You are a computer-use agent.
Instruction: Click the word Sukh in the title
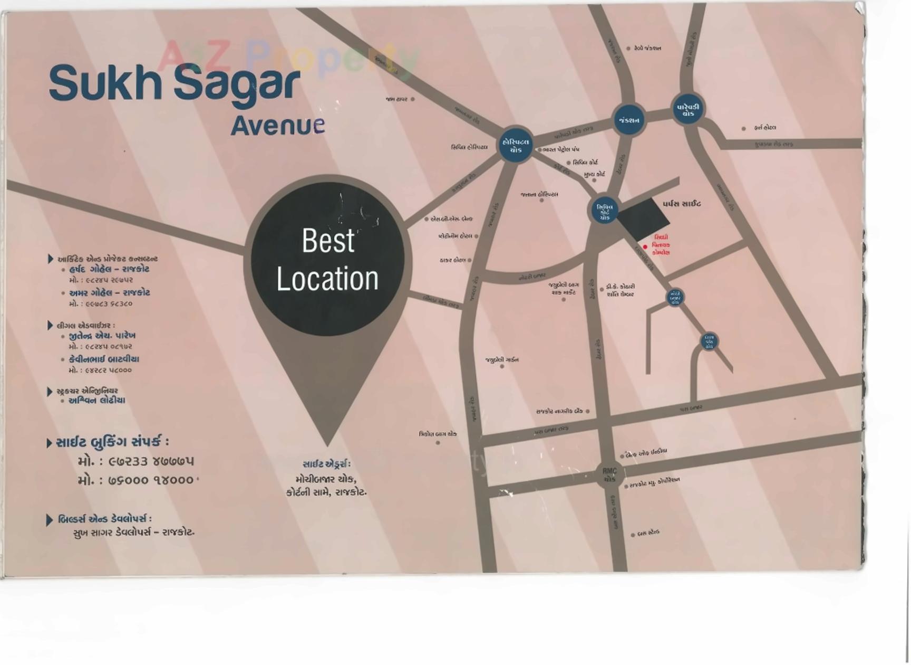coord(105,83)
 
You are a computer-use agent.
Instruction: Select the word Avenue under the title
coord(277,126)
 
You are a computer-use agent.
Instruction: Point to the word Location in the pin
coord(327,279)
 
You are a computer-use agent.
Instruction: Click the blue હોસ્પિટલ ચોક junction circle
coord(516,146)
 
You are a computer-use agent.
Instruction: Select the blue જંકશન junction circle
coord(629,120)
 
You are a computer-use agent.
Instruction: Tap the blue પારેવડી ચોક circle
coord(687,110)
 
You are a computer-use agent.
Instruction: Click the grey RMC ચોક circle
coord(609,474)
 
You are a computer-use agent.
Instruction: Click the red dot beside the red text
coord(645,246)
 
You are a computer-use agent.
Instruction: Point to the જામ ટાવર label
coord(396,99)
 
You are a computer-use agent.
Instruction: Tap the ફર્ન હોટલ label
coord(764,128)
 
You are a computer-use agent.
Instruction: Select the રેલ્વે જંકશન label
coord(647,48)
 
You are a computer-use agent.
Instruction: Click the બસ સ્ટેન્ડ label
coord(648,533)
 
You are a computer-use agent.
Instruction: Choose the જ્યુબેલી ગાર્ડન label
coord(502,360)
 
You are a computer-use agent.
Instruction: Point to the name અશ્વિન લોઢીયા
coord(97,401)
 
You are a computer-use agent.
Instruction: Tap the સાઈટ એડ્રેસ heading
coord(326,464)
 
